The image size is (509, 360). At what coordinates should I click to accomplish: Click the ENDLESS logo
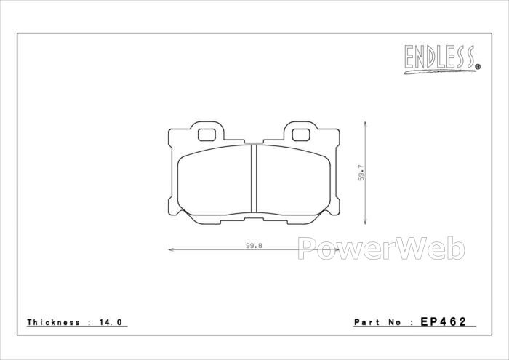click(442, 59)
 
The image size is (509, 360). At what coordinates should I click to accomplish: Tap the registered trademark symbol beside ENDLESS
click(478, 67)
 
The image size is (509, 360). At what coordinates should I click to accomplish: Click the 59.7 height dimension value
click(361, 173)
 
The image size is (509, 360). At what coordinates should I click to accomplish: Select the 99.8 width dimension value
click(254, 246)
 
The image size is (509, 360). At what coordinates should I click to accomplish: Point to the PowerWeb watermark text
click(381, 248)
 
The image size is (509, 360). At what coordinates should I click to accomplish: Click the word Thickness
click(53, 322)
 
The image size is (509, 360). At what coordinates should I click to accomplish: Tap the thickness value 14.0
click(110, 322)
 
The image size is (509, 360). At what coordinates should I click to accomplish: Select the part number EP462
click(444, 321)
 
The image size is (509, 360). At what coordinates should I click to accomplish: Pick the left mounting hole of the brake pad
click(207, 135)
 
